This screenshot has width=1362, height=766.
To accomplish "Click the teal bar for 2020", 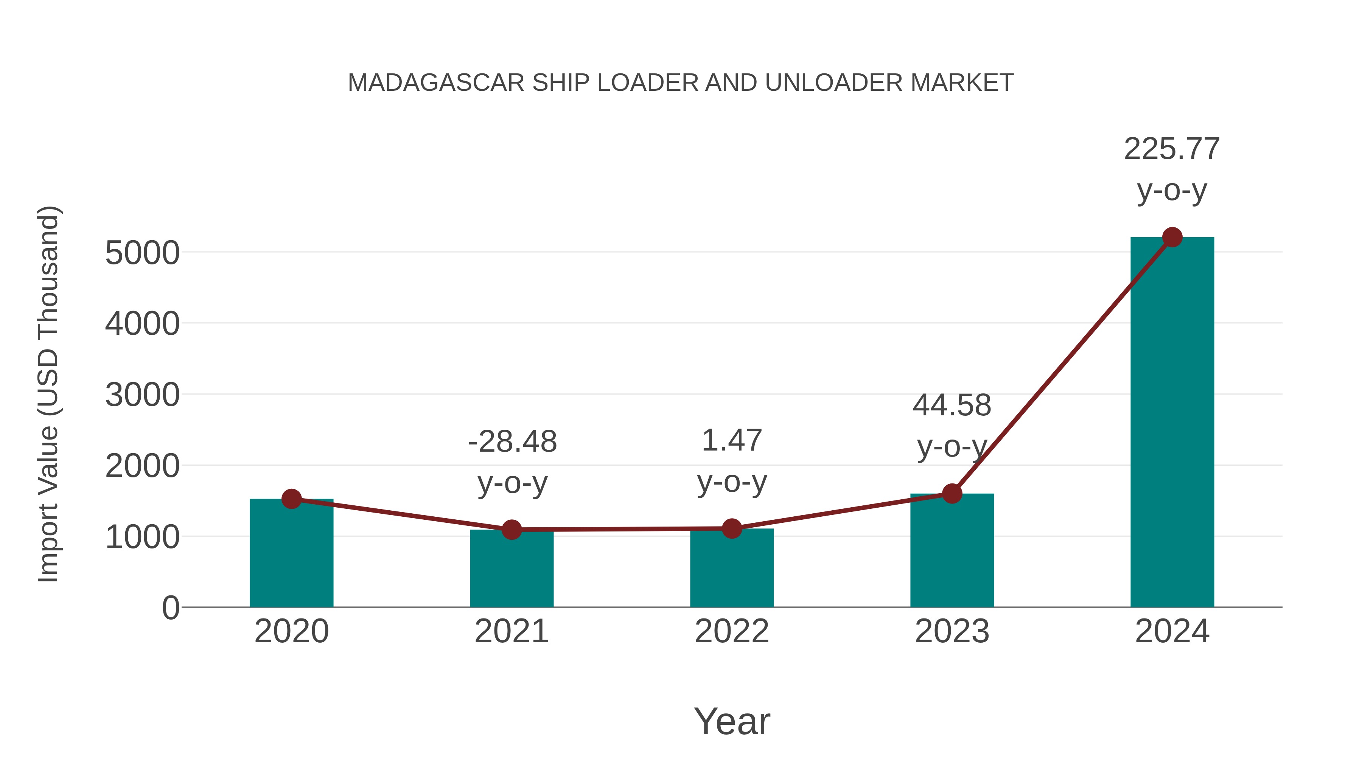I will coord(291,555).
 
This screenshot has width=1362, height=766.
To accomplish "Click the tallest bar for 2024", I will coord(1172,423).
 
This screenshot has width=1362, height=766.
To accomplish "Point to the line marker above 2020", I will coord(291,499).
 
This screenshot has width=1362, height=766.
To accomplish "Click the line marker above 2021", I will coord(511,529).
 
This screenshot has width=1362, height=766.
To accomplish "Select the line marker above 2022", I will coord(732,528).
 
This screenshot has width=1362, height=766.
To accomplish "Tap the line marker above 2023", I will coord(952,494).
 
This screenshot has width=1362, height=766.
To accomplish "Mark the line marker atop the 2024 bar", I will coord(1172,237).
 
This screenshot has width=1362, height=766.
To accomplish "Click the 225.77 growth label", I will coord(1172,149).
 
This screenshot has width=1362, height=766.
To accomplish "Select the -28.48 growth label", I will coord(512,442).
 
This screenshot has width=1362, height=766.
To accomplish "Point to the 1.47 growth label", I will coord(732,441).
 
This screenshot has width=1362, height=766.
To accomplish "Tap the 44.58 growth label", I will coord(952,406).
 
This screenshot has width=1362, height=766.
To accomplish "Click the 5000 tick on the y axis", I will coord(142,253).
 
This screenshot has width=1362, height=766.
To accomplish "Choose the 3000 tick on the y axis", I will coord(142,395).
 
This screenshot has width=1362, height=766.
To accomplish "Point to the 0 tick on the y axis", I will coord(170,608).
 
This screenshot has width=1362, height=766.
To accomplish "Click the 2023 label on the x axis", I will coord(952,632).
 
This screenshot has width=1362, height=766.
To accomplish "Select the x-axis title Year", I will coord(732,722).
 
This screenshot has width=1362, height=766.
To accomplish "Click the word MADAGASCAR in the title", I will coord(436,83).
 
